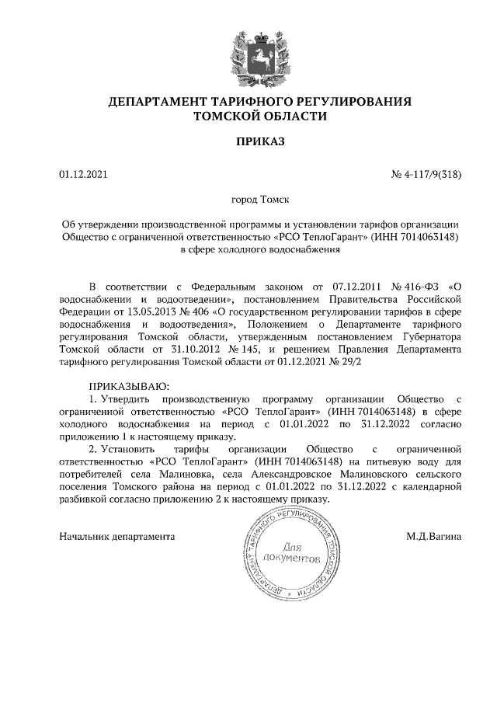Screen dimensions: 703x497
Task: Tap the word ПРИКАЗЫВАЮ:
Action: tap(129, 385)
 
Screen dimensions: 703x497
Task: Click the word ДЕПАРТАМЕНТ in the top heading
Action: tap(151, 102)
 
